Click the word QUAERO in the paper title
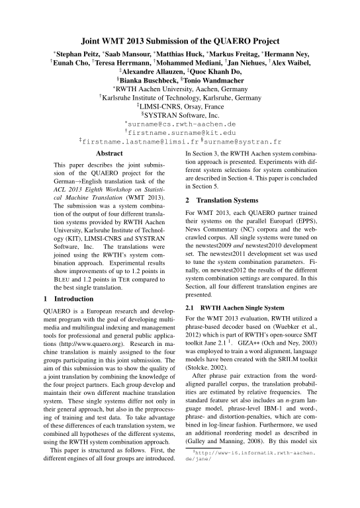pos(232,40)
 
